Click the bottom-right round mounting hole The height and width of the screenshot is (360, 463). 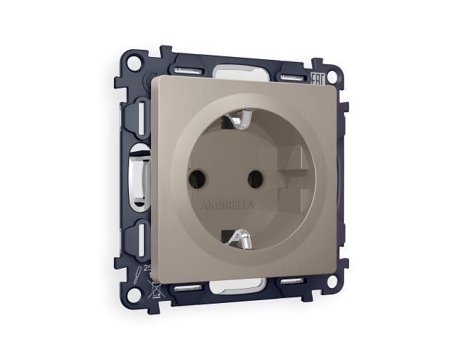pos(331,281)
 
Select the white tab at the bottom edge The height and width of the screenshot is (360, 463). pos(236,287)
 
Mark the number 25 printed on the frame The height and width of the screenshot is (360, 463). pos(148,268)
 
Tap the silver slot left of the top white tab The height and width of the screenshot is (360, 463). pos(187,71)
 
